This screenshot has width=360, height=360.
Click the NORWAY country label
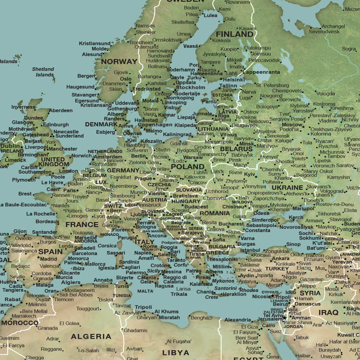[119, 61]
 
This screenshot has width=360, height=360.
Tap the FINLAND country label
[234, 35]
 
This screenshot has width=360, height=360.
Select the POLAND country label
[187, 167]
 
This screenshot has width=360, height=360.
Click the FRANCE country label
[82, 224]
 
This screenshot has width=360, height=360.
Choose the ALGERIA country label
[91, 336]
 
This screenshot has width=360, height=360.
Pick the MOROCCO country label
[19, 323]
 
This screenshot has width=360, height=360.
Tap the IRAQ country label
[329, 312]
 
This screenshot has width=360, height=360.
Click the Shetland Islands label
[43, 72]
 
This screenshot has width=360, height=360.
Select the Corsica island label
[107, 246]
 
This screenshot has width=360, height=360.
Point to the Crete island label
[211, 297]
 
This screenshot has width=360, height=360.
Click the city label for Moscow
[292, 125]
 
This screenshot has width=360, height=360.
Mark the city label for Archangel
[333, 26]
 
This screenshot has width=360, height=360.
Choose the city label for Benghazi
[201, 317]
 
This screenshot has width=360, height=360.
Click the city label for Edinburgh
[56, 125]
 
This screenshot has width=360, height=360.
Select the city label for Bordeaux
[47, 222]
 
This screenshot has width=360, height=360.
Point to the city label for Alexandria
[238, 320]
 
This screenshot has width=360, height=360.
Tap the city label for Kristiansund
[95, 43]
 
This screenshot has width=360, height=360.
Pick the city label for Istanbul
[250, 250]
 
